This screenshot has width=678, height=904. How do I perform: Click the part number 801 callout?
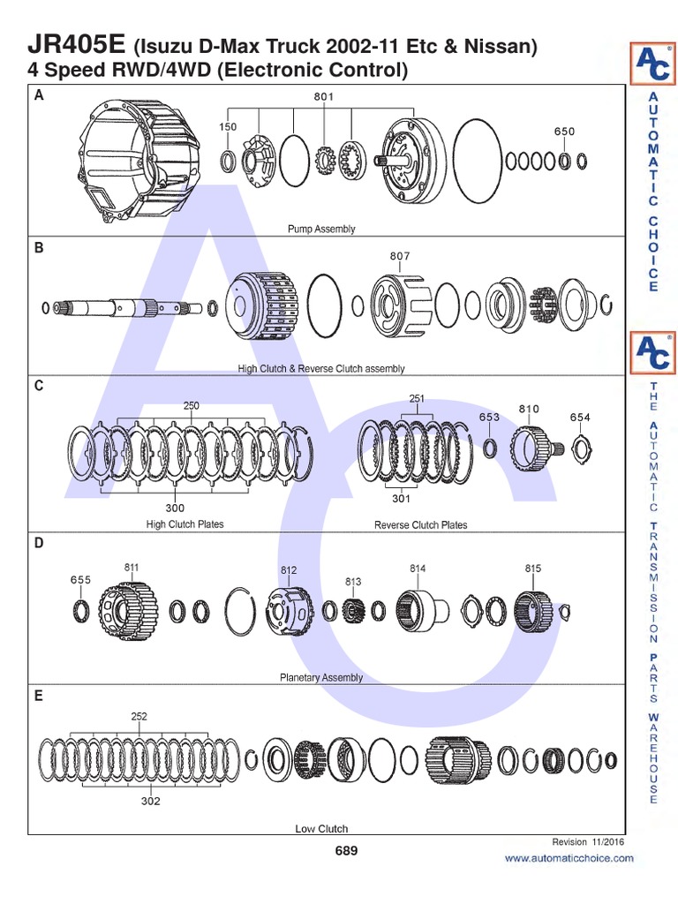tap(326, 97)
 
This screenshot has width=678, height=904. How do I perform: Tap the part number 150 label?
tap(229, 127)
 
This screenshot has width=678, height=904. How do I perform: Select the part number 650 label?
tap(564, 132)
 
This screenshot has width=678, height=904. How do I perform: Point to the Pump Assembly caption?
tap(321, 230)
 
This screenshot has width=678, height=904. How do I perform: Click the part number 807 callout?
tap(400, 257)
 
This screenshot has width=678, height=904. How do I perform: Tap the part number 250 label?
tap(192, 406)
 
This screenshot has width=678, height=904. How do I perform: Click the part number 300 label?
tap(175, 508)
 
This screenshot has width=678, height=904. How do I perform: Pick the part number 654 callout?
tap(580, 418)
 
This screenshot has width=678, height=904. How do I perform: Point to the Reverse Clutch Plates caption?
tap(420, 525)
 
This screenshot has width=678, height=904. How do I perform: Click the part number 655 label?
tap(80, 580)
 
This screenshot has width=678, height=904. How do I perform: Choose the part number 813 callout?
tap(354, 582)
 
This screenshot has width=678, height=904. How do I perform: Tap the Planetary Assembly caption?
tap(321, 678)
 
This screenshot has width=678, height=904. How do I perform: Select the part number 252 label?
tap(139, 717)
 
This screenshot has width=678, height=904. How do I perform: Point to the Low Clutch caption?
tap(321, 829)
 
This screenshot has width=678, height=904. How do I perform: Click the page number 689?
tap(346, 851)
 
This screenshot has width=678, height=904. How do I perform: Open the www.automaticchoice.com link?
tap(569, 858)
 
